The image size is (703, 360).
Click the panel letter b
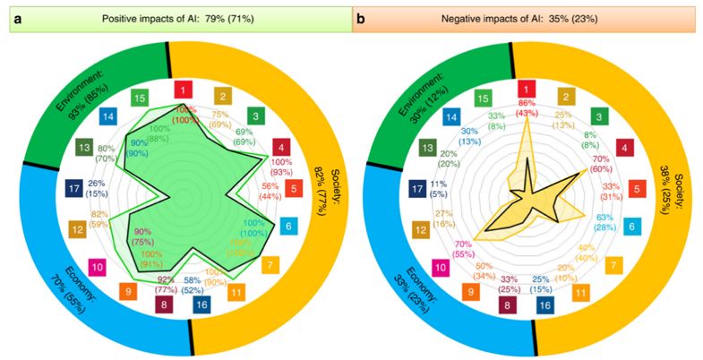pyautogui.click(x=361, y=17)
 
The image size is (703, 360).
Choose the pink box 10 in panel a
pyautogui.click(x=99, y=266)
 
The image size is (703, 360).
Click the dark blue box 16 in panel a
pyautogui.click(x=203, y=306)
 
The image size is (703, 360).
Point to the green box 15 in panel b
pyautogui.click(x=483, y=97)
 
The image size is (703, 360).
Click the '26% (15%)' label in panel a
pyautogui.click(x=97, y=189)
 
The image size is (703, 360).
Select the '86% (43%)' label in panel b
pyautogui.click(x=527, y=109)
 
